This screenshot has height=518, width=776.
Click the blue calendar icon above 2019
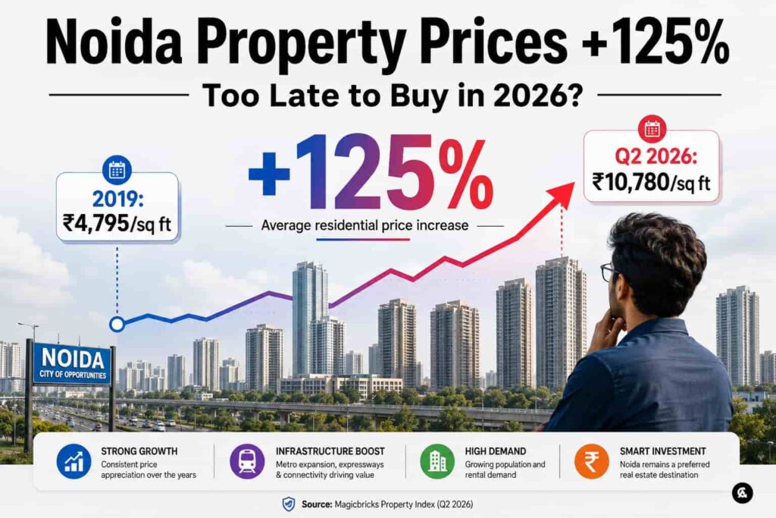[117, 171]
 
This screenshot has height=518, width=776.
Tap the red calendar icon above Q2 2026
[652, 129]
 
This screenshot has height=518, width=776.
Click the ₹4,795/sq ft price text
[117, 223]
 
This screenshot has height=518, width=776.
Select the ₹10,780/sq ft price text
[651, 182]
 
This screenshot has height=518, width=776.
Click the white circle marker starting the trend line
[117, 325]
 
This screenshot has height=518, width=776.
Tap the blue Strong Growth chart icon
[74, 462]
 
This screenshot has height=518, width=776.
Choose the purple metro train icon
[247, 462]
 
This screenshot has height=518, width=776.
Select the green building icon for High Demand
[437, 462]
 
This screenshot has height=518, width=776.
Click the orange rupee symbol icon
[591, 462]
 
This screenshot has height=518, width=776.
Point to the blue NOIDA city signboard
[72, 364]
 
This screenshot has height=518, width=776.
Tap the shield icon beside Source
[288, 504]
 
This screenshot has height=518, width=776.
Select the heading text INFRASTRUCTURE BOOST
[330, 451]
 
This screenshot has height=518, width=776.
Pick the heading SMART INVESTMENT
[662, 451]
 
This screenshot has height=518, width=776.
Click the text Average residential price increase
[365, 225]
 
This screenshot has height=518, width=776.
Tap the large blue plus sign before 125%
[269, 174]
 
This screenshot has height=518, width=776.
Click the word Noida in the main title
[114, 43]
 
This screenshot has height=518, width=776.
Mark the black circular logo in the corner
[743, 493]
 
